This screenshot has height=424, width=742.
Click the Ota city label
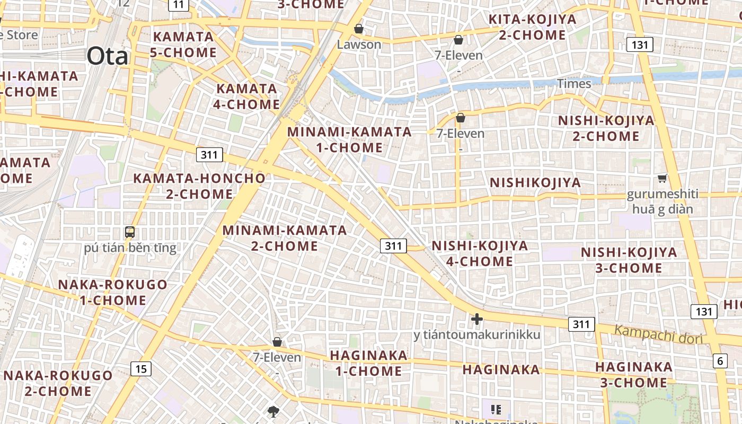point(108,56)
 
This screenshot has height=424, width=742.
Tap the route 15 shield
point(140,368)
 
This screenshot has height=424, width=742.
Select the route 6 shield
point(720,361)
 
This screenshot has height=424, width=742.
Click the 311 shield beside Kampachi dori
point(581,324)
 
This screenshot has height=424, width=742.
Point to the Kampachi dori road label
point(658,335)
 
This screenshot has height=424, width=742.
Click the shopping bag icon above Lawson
point(359,28)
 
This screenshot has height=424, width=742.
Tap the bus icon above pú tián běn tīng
point(130,232)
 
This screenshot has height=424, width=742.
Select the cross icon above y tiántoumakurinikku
point(477,319)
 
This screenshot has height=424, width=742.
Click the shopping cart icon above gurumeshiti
point(662,178)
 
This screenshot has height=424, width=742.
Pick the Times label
point(573,84)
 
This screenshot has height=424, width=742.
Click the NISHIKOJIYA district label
point(535,183)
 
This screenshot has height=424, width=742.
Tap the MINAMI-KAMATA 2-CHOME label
point(285,238)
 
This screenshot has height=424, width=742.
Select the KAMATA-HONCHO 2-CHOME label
point(199,186)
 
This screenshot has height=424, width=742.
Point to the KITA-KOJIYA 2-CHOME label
point(532,28)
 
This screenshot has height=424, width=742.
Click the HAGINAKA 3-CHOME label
point(634,374)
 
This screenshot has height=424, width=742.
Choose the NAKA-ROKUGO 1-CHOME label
point(112,292)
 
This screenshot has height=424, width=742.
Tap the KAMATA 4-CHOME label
point(246,96)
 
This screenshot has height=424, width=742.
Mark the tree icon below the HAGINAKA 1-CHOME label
point(273,411)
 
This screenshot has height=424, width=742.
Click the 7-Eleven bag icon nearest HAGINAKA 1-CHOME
point(277,342)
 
